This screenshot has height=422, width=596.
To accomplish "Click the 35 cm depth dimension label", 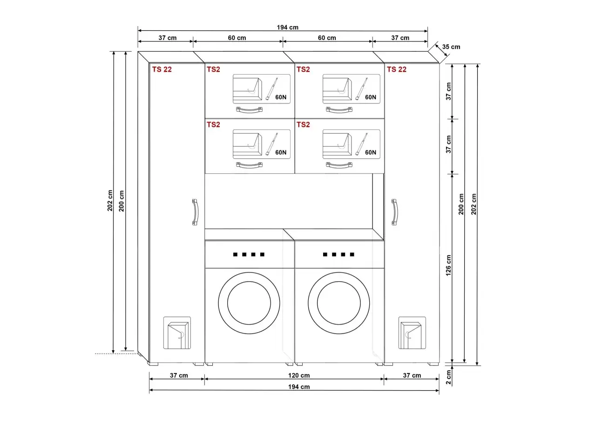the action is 451,47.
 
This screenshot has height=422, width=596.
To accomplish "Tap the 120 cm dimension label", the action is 299,375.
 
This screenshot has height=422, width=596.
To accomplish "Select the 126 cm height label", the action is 448,265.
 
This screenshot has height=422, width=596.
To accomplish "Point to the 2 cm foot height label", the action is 448,377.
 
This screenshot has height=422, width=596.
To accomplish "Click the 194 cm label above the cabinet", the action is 287,27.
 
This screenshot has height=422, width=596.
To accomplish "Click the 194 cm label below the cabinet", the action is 299,387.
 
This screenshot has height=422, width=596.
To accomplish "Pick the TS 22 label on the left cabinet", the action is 162,69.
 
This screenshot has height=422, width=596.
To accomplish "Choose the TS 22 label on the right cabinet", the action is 396,69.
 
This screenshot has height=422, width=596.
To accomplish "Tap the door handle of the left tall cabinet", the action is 195,212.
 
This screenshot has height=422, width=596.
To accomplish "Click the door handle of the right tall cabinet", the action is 395,212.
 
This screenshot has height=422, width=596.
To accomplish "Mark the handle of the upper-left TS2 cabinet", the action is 249,110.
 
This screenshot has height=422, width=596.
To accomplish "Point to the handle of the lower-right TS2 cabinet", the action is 339,165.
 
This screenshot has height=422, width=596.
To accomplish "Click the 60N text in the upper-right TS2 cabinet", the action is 370,97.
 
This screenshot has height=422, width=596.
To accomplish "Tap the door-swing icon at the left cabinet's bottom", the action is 177,333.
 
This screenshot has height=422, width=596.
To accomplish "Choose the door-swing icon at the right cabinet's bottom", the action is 412,333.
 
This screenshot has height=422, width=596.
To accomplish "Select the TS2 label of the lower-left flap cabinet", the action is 213,124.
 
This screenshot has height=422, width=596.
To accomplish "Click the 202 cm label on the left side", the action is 110,201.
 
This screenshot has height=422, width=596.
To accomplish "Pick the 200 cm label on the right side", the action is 461,204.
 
